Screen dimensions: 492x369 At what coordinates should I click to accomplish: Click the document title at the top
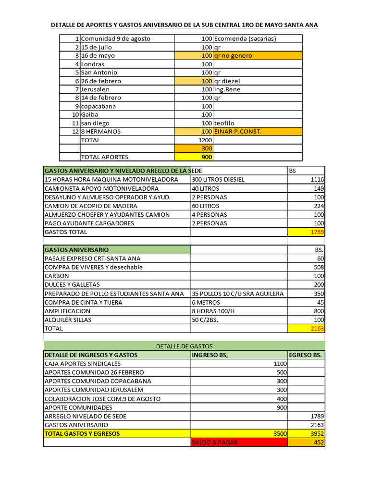[x=184, y=25]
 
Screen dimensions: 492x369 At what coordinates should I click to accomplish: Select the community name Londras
[x=93, y=64]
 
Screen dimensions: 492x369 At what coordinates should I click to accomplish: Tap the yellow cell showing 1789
[x=307, y=232]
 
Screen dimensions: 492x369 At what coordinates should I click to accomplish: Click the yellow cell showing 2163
[x=307, y=329]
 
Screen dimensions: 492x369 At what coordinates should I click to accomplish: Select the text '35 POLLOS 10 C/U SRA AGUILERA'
[x=238, y=294]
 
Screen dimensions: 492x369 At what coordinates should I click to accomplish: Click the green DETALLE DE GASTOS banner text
[x=184, y=346]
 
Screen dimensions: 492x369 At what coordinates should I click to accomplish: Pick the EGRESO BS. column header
[x=306, y=355]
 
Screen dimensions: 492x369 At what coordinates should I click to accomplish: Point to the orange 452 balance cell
[x=307, y=443]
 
